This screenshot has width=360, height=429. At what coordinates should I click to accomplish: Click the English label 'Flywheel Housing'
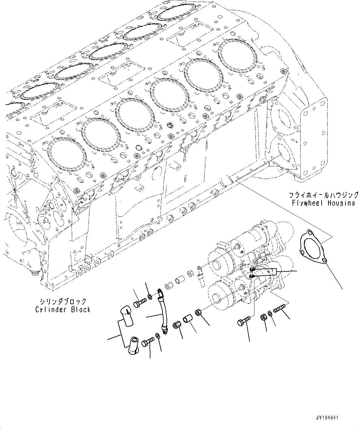323,203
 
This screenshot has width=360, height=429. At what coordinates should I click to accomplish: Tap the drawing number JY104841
327,418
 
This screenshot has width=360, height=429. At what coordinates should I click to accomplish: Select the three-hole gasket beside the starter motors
313,247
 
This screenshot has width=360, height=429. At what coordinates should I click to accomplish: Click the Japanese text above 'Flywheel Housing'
323,195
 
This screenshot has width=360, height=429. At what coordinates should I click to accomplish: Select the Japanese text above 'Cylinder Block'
63,301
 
